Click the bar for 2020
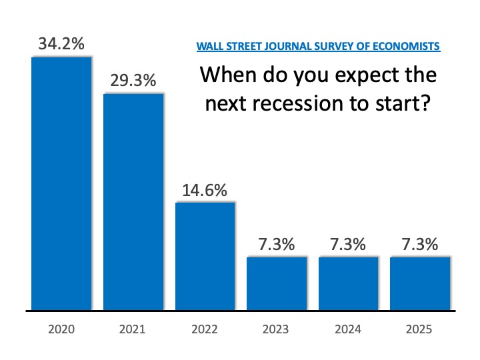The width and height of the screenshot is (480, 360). [61, 184]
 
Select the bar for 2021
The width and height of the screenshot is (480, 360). [133, 201]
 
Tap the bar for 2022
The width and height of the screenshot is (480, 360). [205, 256]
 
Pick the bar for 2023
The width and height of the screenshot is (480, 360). [277, 283]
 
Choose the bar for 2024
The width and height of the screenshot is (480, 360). [348, 283]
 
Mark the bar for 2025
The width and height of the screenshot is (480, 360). [420, 283]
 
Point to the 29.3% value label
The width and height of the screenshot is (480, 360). [133, 81]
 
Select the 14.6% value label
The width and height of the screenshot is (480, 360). [205, 190]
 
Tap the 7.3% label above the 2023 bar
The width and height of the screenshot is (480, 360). [277, 245]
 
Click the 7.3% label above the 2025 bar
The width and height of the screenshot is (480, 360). [420, 245]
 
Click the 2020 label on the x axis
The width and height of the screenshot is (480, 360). [61, 329]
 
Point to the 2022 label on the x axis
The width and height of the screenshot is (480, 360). [205, 329]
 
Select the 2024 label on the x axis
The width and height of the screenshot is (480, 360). [348, 329]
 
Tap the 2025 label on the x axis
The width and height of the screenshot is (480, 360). [420, 329]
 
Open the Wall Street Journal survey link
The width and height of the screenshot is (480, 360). [318, 47]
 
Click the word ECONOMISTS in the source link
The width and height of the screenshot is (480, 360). [407, 47]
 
